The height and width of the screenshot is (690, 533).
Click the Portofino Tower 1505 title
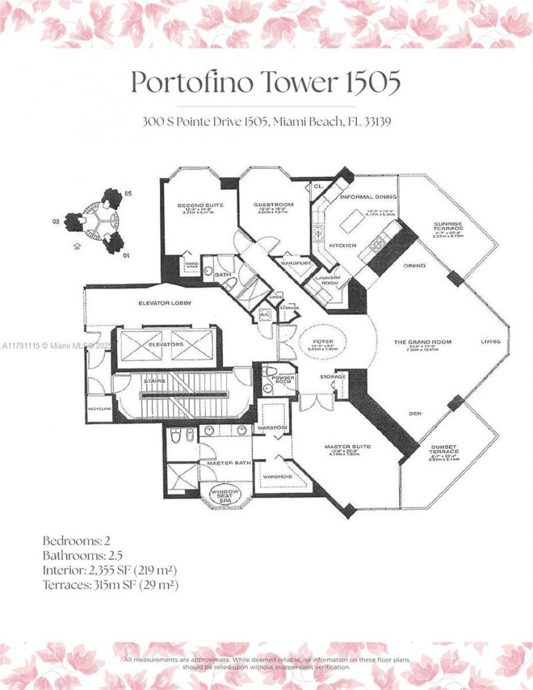pos(266,83)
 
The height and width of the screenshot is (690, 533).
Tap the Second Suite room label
pos(195,205)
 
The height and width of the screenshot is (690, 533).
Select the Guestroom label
pos(274,205)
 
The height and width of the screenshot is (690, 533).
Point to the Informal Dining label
pos(368,197)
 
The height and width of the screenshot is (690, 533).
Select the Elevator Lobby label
pos(165,304)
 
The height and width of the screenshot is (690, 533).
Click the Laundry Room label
pos(328,280)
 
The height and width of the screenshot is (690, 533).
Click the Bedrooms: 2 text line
pos(72,539)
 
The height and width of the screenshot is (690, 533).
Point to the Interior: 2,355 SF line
pos(110,570)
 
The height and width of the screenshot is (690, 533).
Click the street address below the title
pos(266,122)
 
